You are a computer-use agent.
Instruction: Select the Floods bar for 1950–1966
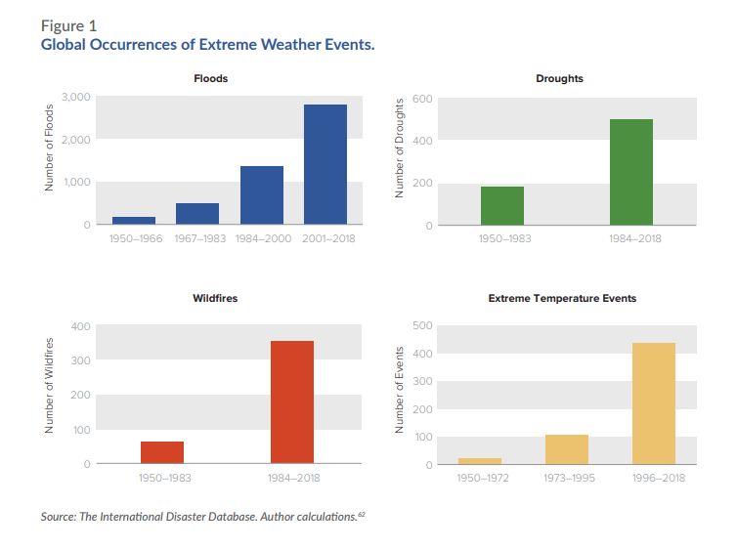pos(134,221)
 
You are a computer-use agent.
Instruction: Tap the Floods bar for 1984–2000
pos(262,195)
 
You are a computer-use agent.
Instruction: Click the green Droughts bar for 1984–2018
pos(631,172)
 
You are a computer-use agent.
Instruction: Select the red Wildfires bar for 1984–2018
pos(292,401)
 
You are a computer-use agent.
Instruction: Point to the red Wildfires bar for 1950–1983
pos(162,452)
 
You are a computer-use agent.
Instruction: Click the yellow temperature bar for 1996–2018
pos(654,403)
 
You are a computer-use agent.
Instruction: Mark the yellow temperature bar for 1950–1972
pos(480,461)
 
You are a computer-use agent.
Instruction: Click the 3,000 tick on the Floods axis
pos(75,97)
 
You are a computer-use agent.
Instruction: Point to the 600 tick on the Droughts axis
pos(422,99)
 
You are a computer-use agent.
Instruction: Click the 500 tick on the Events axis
pos(422,325)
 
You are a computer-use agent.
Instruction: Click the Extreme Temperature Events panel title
pos(562,298)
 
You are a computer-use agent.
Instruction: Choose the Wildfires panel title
pos(215,298)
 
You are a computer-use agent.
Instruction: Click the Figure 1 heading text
pos(69,25)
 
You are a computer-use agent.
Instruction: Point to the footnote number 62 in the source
pos(362,513)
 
